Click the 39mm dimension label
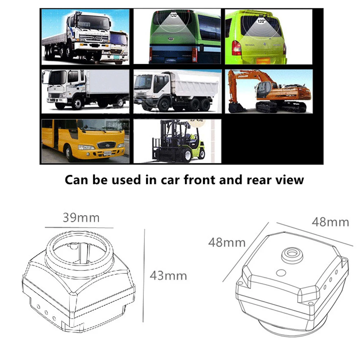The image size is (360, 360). point(81,218)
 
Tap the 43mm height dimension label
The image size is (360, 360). point(168,276)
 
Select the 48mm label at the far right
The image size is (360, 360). point(330,222)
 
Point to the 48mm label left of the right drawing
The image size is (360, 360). point(226,242)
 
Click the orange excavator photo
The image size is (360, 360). point(269,91)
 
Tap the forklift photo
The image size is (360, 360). point(177,141)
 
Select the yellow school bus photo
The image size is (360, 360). point(85,141)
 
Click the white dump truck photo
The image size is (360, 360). point(177,91)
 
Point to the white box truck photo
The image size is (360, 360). point(85,90)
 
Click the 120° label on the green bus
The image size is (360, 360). point(174,15)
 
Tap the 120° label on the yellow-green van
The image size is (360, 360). point(261,21)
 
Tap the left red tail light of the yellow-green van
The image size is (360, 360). point(237,48)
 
